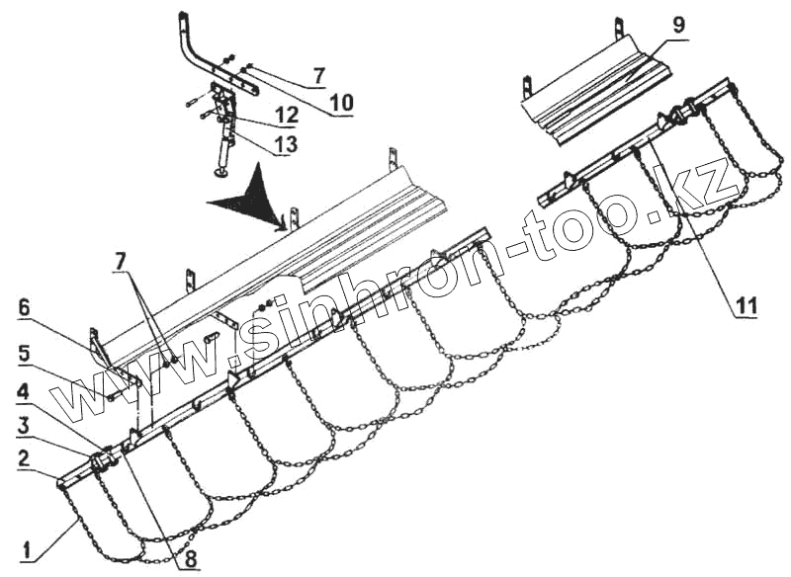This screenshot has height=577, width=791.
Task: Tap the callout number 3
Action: point(23,426)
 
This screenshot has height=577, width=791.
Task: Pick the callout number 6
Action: point(23,308)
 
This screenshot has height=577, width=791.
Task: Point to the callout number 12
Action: point(285,117)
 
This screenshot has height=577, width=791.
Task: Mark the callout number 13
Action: point(285,143)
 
